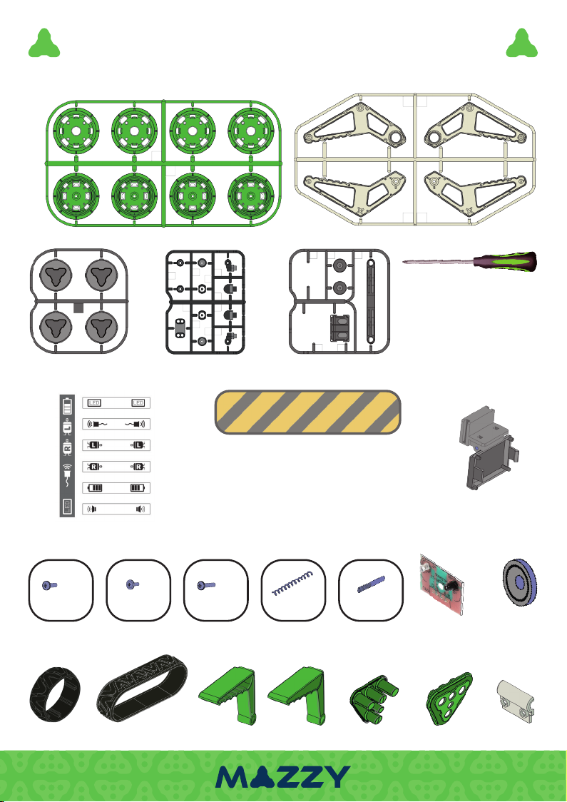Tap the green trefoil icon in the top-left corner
44,44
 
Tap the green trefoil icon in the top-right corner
521,44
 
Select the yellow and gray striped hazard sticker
308,412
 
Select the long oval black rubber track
143,689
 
